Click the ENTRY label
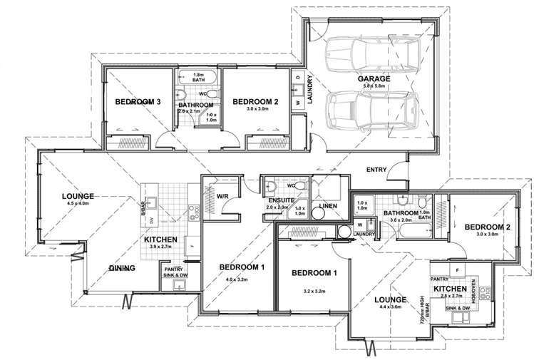pos(377,170)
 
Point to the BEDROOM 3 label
pos(138,103)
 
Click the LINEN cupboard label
pos(327,205)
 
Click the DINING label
pos(123,269)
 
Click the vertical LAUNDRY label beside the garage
pos(311,91)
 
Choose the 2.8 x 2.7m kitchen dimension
pos(453,294)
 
